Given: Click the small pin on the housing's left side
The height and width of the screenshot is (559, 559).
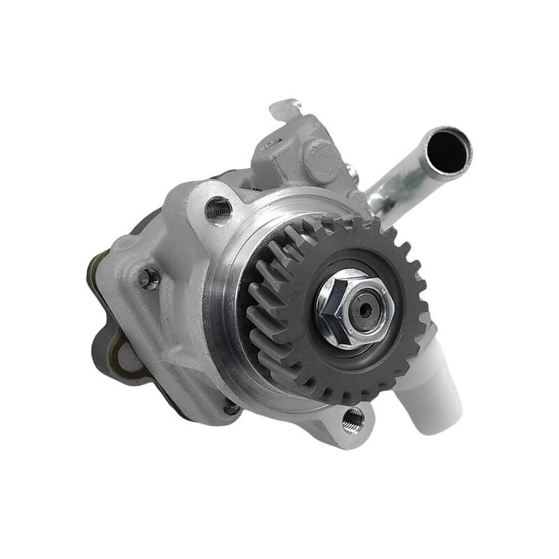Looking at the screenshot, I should point(149,279).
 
